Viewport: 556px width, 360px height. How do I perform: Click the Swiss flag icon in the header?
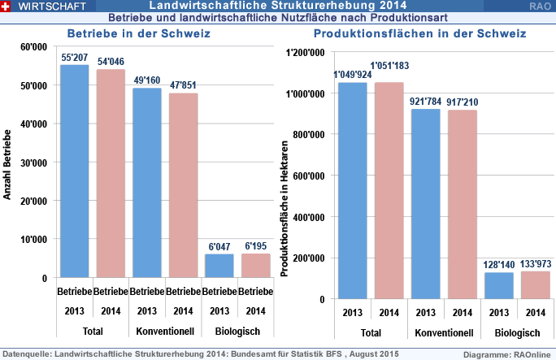(7, 6)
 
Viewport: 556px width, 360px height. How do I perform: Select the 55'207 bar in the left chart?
(74, 171)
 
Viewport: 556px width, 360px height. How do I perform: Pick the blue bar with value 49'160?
(147, 183)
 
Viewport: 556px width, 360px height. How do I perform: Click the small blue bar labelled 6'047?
(219, 266)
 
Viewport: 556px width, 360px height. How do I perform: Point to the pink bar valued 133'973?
(536, 284)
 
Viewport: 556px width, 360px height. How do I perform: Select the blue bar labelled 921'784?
(426, 203)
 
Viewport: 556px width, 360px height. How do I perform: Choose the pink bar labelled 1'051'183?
(389, 190)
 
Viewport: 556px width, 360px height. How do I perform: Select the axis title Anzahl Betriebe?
(7, 163)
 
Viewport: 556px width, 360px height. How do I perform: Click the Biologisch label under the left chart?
(219, 332)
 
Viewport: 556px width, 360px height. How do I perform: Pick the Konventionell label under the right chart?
(444, 333)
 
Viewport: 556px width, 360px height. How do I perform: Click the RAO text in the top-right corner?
(538, 6)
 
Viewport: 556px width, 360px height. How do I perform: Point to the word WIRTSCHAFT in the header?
(47, 6)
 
